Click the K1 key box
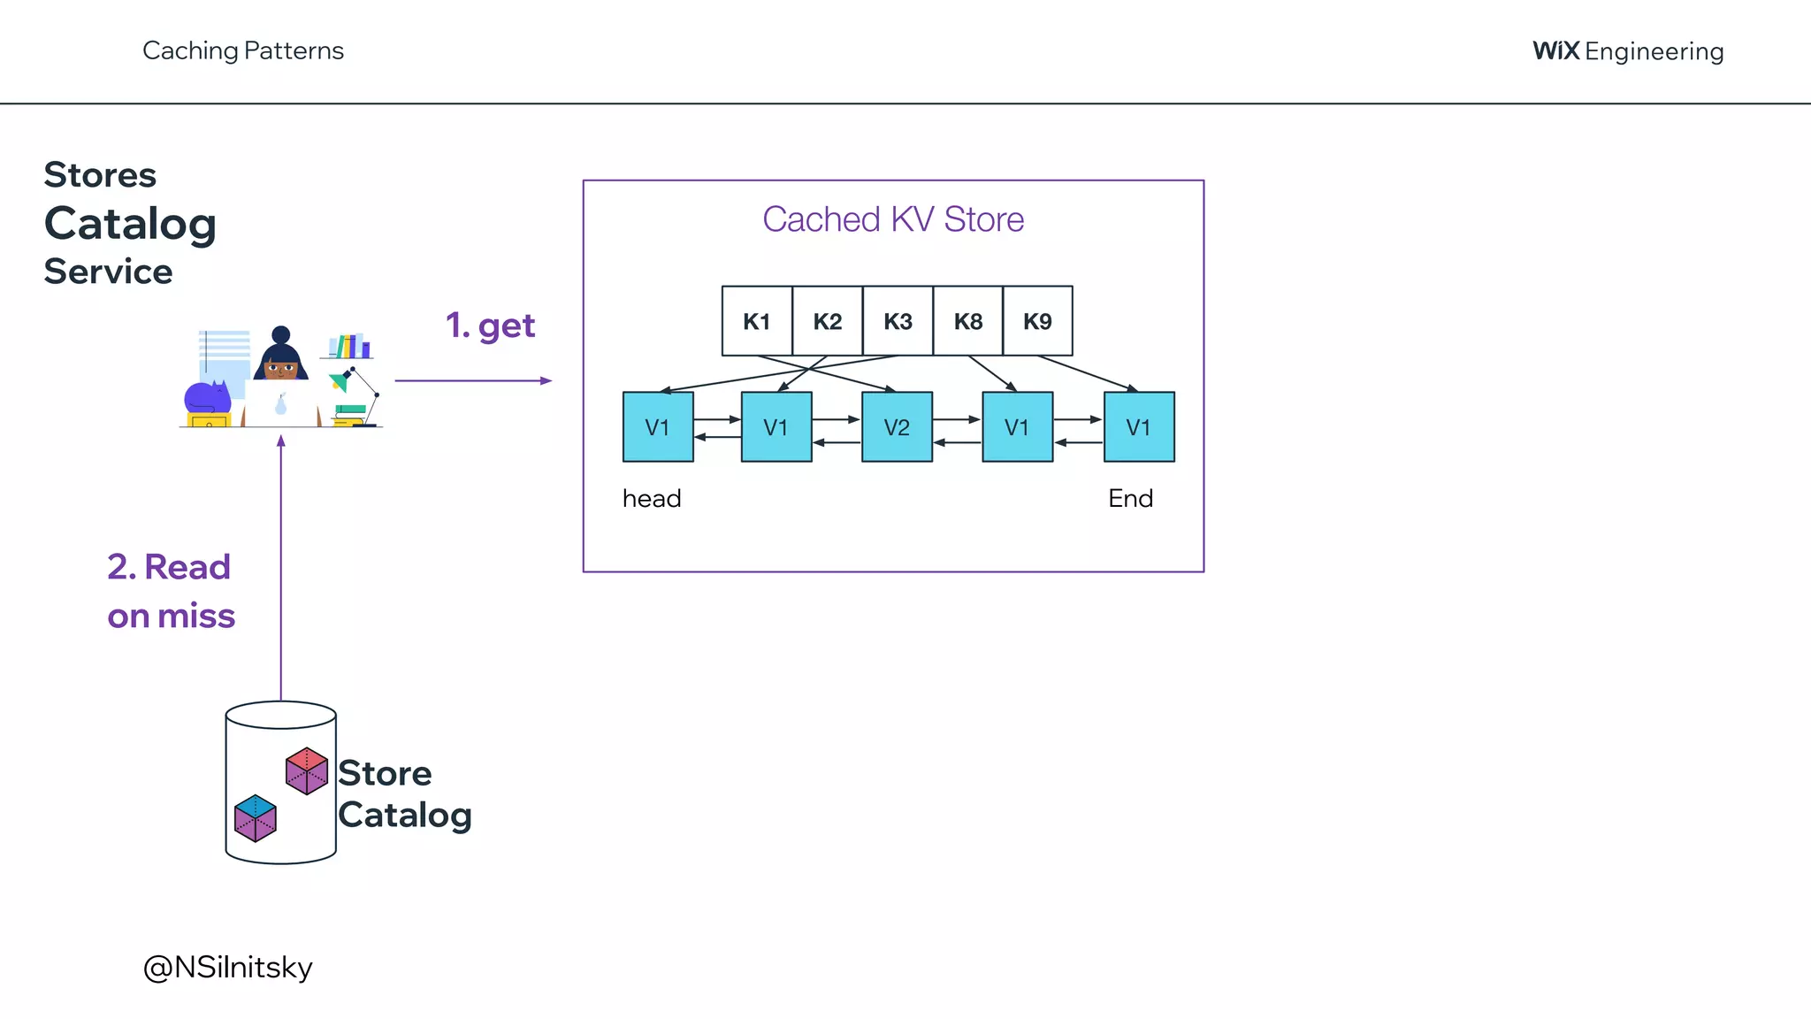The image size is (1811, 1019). point(757,321)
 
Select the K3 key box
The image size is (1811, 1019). point(898,321)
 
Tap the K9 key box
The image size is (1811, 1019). point(1037,321)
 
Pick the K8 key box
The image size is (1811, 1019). point(967,321)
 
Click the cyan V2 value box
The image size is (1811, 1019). point(897,427)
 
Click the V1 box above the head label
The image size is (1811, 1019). point(658,427)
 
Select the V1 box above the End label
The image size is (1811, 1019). point(1139,427)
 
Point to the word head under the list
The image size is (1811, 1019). point(652,499)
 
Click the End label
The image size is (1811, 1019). point(1130,499)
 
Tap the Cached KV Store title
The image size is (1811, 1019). point(893,219)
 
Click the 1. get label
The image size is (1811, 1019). point(491,326)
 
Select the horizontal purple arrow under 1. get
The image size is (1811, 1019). point(472,380)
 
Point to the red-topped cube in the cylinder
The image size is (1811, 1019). point(307,770)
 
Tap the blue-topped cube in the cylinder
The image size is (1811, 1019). point(256,817)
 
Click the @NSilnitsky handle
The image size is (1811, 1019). point(228,967)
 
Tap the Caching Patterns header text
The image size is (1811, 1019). point(243,50)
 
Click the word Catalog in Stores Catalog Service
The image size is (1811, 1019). point(130,223)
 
